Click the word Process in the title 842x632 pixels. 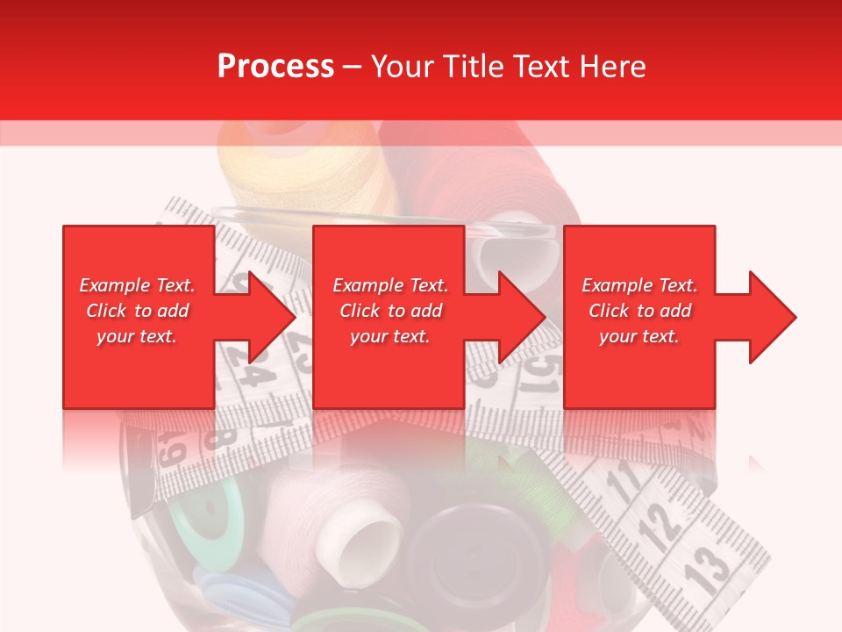point(275,67)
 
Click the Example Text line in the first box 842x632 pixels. point(137,285)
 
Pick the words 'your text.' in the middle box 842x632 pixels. point(389,336)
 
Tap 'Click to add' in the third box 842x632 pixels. point(639,311)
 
